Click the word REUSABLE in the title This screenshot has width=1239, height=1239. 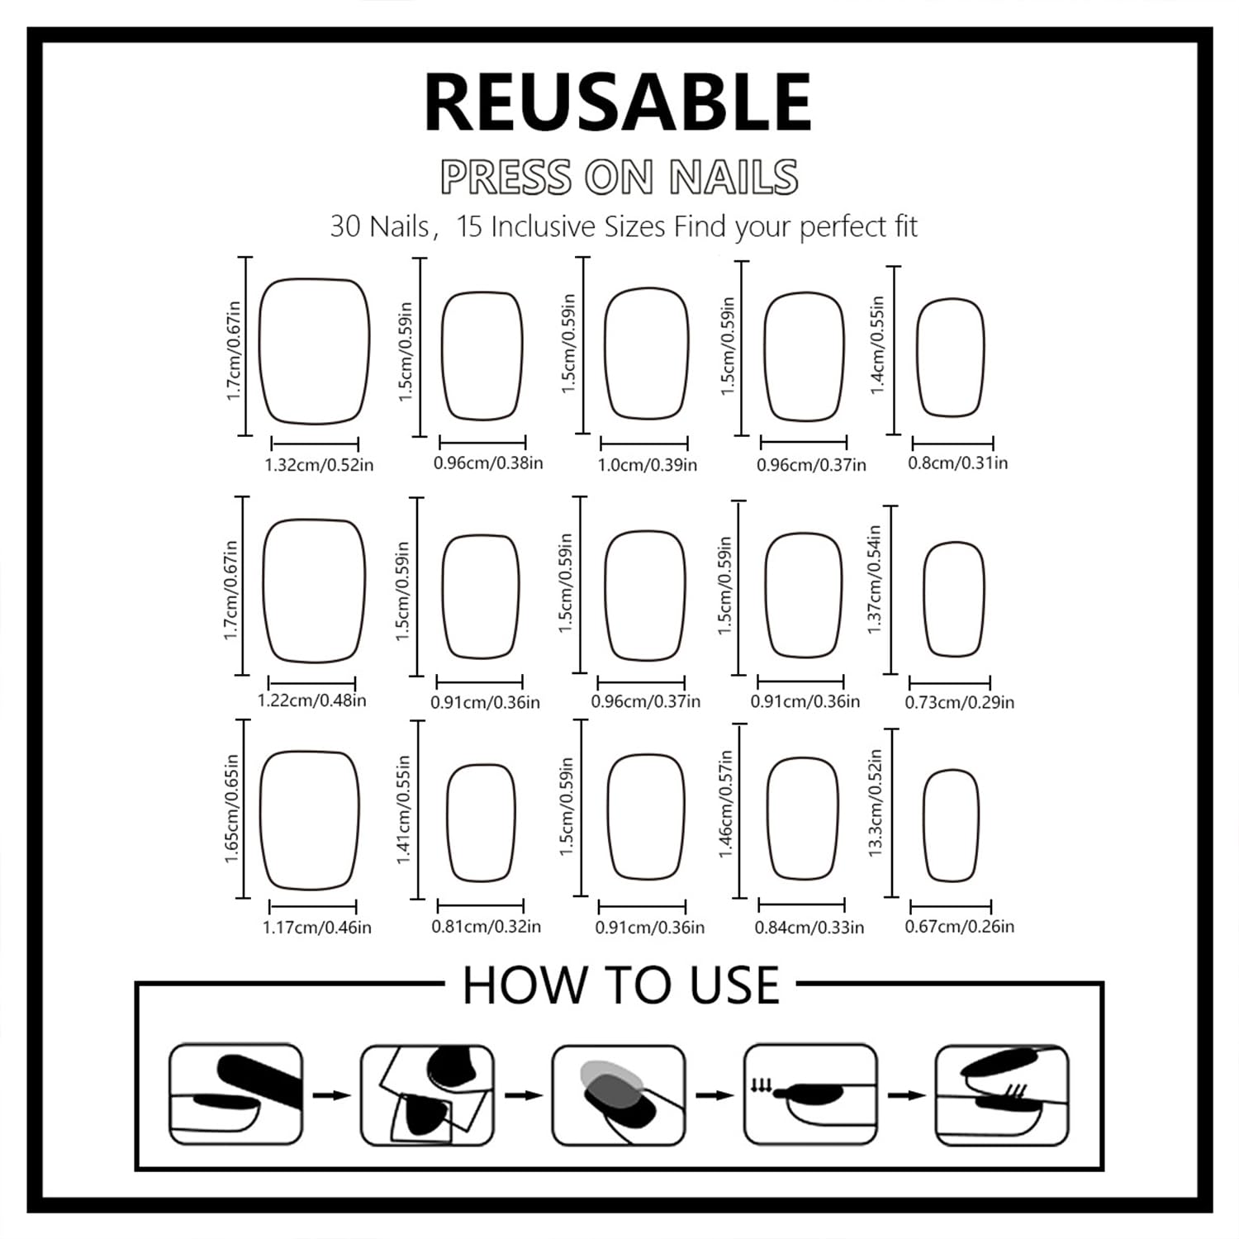coord(618,102)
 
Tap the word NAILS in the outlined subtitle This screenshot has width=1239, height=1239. coord(734,176)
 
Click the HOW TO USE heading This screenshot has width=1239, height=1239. coord(620,985)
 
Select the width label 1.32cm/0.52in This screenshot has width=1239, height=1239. coord(319,465)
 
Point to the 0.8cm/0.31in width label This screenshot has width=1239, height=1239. coord(958,463)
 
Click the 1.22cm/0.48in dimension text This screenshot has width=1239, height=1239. coord(312,700)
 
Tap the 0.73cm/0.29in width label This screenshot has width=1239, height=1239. coord(960,702)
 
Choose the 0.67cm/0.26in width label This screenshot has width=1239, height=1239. coord(960,926)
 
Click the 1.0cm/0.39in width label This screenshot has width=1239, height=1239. coord(648,465)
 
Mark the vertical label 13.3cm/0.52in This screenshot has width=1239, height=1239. coord(876,803)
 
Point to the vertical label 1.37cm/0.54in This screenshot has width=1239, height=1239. coord(875,580)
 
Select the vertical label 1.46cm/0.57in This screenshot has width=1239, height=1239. coord(725,804)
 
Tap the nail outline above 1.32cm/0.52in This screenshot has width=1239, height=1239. coord(261,351)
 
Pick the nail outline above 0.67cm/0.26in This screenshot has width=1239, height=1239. coord(924,826)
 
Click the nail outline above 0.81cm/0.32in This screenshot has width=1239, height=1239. coord(449,823)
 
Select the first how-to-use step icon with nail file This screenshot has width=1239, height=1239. coord(235,1094)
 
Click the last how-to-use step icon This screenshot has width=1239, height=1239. coord(1002,1094)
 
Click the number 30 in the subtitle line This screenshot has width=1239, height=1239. coord(346,226)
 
